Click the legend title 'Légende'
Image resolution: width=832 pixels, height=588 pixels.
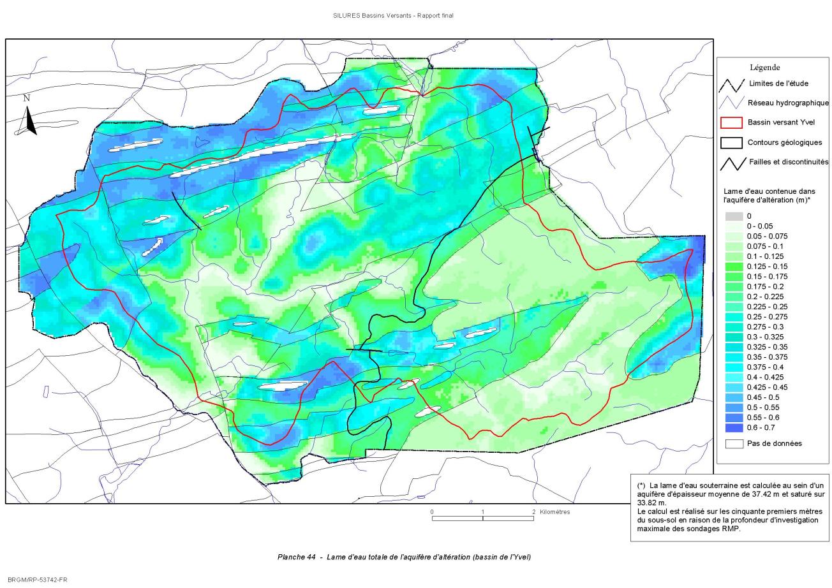[x=764, y=68]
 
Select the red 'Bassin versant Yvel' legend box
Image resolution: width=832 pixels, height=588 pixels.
[x=731, y=122]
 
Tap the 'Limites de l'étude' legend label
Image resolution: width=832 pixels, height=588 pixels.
[x=778, y=84]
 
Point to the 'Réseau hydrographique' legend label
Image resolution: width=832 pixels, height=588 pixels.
[x=789, y=103]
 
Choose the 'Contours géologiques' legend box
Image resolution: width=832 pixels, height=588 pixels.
[x=731, y=143]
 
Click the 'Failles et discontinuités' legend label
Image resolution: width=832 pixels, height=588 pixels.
[x=789, y=163]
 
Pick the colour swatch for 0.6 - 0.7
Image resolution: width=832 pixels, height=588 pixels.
[x=734, y=427]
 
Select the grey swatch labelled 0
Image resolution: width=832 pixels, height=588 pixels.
[x=734, y=216]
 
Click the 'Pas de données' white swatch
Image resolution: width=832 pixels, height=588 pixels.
[x=734, y=443]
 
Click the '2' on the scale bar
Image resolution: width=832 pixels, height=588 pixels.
[x=533, y=512]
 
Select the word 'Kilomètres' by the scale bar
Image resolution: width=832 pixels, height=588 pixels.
[x=554, y=512]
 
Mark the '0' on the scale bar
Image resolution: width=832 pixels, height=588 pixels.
[x=432, y=512]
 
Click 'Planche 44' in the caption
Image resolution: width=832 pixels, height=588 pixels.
[x=297, y=557]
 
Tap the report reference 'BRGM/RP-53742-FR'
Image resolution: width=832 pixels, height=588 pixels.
[x=37, y=580]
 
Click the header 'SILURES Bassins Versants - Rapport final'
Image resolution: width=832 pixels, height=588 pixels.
[x=393, y=15]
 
